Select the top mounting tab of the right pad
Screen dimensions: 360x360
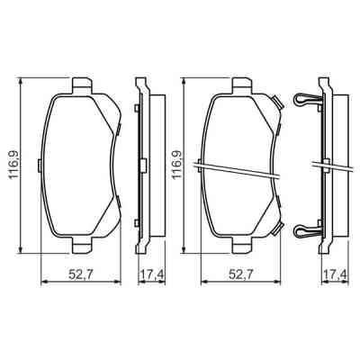(240, 85)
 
